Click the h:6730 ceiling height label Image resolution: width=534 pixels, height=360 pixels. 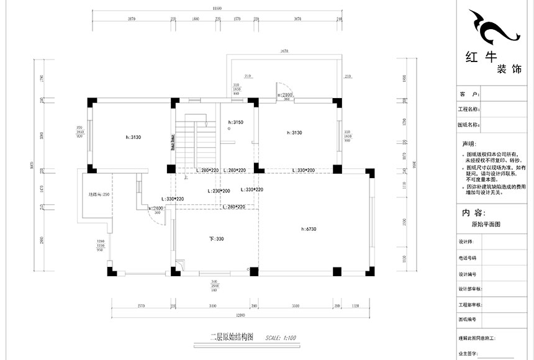309,229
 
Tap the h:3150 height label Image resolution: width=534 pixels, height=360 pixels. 236,123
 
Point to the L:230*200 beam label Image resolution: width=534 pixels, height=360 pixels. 218,191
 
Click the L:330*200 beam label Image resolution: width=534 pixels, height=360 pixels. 302,170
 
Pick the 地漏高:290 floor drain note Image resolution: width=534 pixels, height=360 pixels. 99,195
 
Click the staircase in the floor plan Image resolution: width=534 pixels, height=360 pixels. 197,142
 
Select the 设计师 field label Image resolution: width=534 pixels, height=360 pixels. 466,243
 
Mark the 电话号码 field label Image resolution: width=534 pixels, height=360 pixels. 468,258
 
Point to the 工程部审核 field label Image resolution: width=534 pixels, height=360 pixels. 470,305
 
